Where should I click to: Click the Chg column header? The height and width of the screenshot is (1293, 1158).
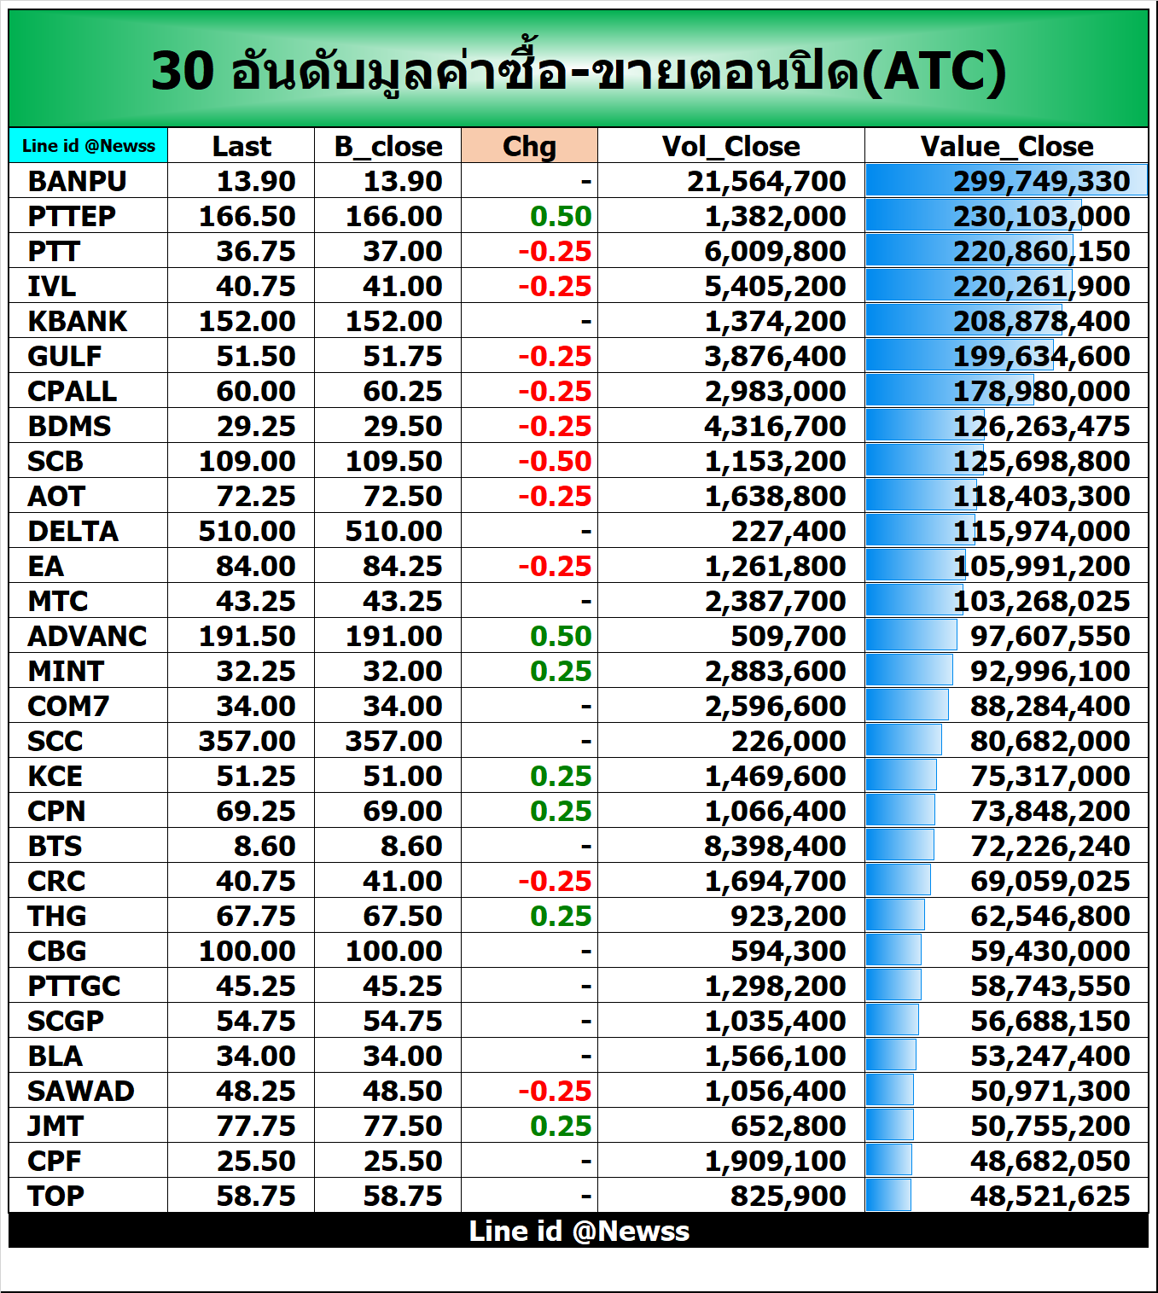click(x=529, y=146)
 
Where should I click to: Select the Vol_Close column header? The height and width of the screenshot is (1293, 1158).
click(x=730, y=146)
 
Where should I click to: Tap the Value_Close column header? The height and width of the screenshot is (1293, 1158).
click(x=1006, y=146)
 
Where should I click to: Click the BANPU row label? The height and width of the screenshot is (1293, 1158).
click(x=77, y=181)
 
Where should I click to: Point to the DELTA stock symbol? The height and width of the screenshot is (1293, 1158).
click(x=73, y=531)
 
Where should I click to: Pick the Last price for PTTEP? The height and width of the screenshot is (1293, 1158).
click(x=247, y=216)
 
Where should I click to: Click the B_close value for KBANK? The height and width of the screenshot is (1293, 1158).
click(x=393, y=321)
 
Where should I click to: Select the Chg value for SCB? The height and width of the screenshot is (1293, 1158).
click(x=555, y=461)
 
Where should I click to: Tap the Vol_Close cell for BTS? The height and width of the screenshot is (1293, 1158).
click(x=775, y=846)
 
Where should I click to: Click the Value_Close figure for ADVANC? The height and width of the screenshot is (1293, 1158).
click(x=1050, y=636)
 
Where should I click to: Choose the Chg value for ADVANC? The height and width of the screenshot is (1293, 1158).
click(x=561, y=636)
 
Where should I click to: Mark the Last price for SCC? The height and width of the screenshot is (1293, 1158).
click(x=247, y=741)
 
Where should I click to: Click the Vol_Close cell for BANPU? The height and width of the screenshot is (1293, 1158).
click(x=766, y=181)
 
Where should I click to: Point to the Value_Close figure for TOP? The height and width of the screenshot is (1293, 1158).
click(x=1050, y=1196)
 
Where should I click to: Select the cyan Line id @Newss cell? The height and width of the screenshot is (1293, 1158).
click(x=89, y=146)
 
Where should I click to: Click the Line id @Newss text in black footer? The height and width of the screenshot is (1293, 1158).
click(x=579, y=1231)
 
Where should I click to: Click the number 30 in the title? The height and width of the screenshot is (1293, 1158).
click(x=182, y=71)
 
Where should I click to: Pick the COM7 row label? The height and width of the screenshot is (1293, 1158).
click(x=68, y=706)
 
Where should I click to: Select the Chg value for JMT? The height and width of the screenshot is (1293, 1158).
click(x=561, y=1126)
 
